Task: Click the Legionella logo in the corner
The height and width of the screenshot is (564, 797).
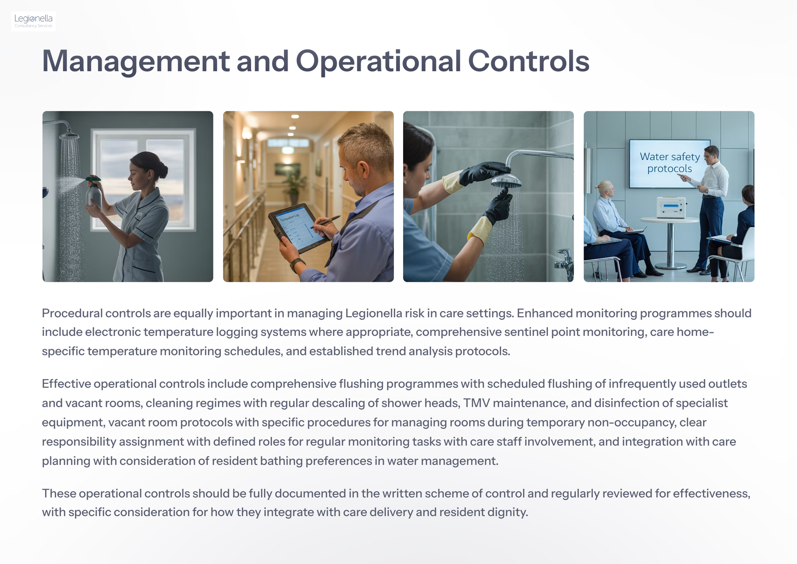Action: tap(34, 21)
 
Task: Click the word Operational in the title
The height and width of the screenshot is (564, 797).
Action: tap(378, 62)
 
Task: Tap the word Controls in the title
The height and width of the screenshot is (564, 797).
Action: tap(529, 61)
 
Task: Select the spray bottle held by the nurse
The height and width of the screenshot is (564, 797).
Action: tap(94, 192)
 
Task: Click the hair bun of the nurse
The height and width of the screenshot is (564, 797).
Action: tap(162, 170)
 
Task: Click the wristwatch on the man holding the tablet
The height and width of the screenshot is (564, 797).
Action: tap(296, 264)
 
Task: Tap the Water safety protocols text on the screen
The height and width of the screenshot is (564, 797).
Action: tap(670, 163)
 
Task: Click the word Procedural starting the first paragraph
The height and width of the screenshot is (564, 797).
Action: tap(72, 313)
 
